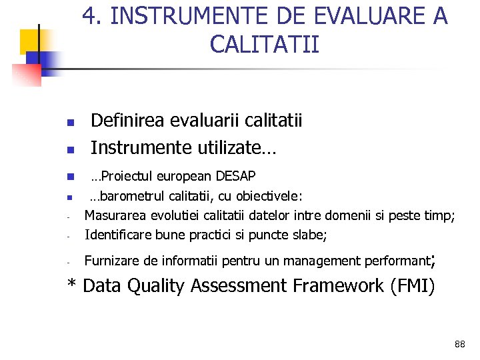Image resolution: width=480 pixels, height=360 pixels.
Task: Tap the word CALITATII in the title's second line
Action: pyautogui.click(x=264, y=45)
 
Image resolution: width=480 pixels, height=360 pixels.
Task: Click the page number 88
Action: pyautogui.click(x=459, y=344)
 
